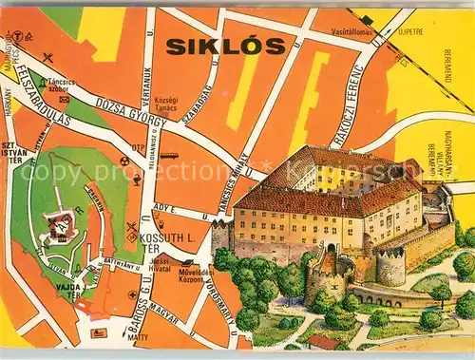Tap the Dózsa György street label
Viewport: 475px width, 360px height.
click(122, 118)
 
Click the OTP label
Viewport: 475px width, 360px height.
click(139, 147)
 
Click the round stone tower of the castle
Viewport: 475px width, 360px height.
click(390, 267)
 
